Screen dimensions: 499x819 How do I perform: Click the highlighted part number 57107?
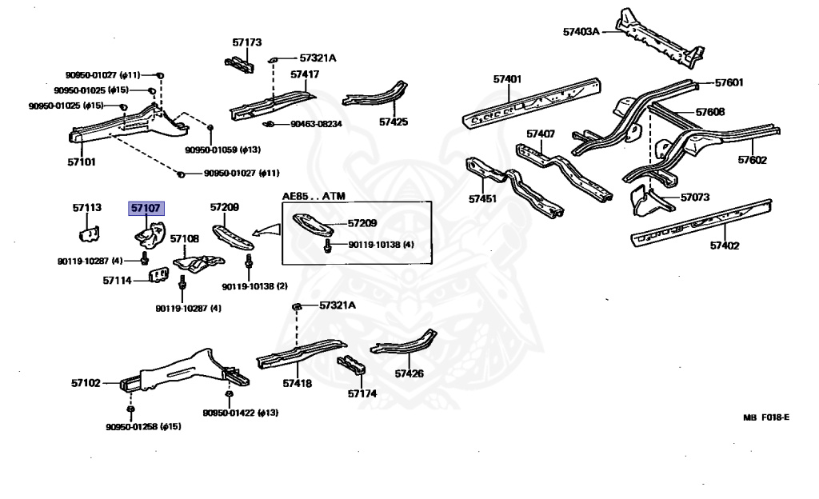coord(146,208)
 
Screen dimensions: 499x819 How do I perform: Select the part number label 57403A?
coord(581,32)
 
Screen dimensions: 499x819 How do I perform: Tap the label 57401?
coord(507,79)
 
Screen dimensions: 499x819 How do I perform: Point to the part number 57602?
coord(752,160)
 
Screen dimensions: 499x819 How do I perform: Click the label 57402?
coord(723,246)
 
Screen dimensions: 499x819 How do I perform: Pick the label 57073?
coord(695,197)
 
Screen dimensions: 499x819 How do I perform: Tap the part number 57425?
coord(393,122)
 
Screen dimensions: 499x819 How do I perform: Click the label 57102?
coord(86,383)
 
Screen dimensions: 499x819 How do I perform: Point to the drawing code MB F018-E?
coord(766,417)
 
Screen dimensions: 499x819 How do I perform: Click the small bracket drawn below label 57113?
coord(89,233)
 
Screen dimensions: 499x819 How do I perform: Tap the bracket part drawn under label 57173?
coord(239,64)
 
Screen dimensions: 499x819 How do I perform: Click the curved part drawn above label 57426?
coord(404,345)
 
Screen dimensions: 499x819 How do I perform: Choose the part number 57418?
coord(297,384)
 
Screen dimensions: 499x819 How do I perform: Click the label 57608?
coord(710,112)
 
